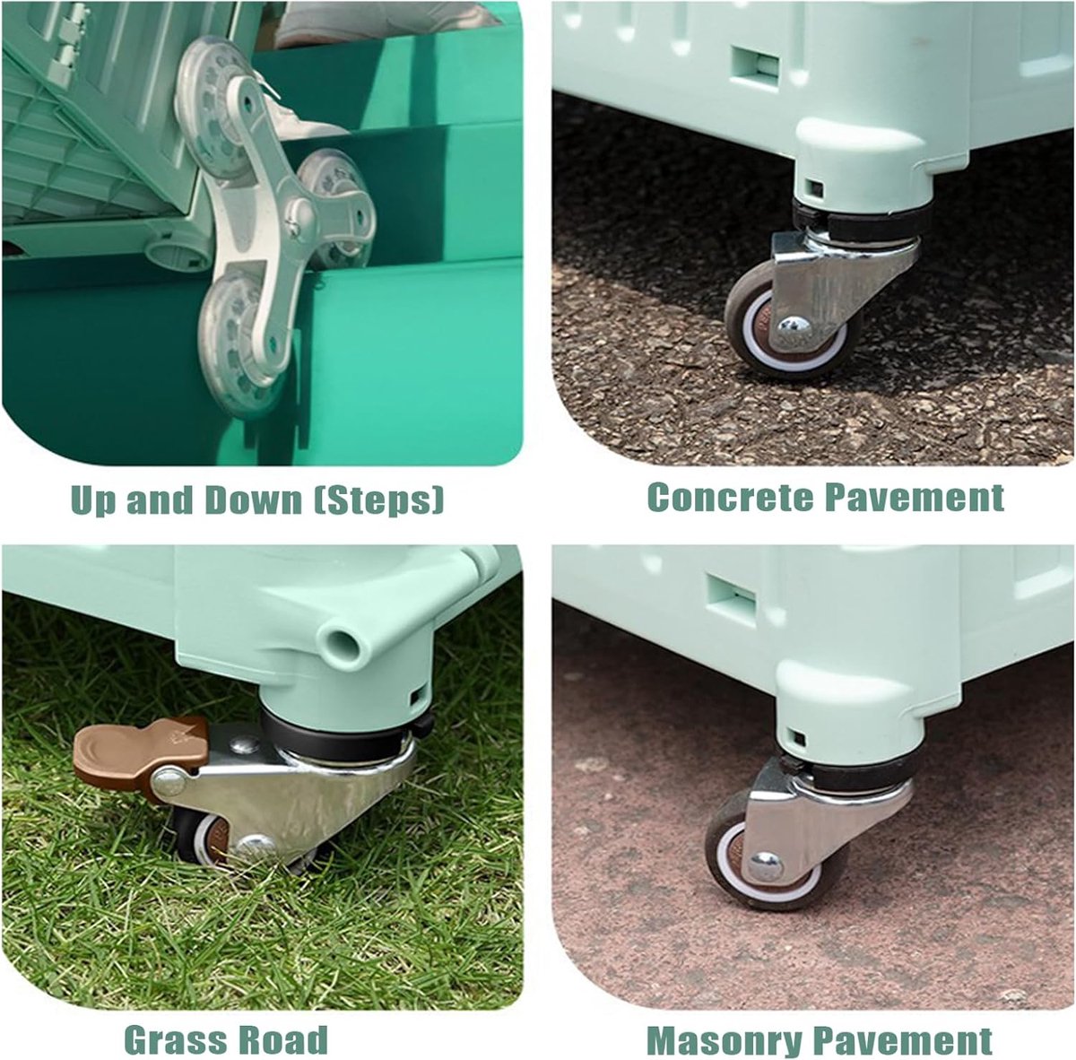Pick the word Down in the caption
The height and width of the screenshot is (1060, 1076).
[253, 500]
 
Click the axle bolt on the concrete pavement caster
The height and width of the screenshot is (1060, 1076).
[794, 326]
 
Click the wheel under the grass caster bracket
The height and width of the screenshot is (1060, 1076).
[201, 838]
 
